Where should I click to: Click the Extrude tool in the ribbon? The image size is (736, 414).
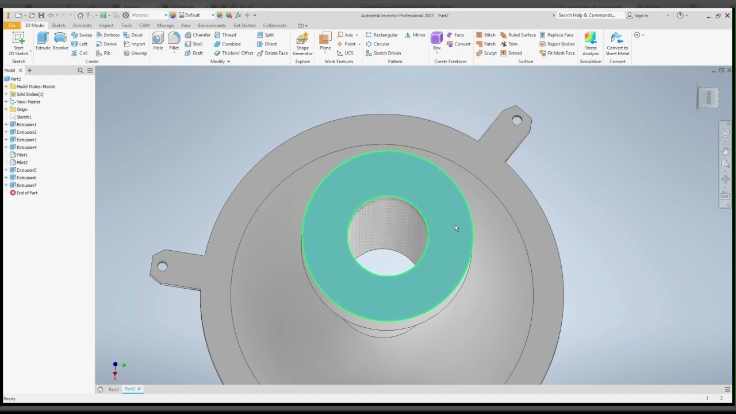[x=43, y=41]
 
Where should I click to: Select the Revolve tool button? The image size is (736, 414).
[x=60, y=41]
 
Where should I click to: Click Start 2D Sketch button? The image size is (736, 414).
[x=18, y=43]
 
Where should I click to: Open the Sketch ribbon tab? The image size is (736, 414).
[x=58, y=25]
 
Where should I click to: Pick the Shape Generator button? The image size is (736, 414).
[x=302, y=44]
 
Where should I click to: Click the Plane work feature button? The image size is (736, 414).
[x=325, y=42]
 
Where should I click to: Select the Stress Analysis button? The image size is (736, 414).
[x=591, y=44]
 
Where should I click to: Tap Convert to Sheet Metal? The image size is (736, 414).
[x=617, y=44]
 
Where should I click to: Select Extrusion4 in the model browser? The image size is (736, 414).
[x=26, y=147]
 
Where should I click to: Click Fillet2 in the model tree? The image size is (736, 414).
[x=22, y=163]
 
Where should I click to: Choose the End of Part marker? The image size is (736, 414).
[x=26, y=193]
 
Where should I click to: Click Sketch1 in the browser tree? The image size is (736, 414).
[x=24, y=117]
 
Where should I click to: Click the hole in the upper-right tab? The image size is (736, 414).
[x=516, y=121]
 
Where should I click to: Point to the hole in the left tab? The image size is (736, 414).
[x=162, y=266]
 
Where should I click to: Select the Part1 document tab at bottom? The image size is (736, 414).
[x=113, y=389]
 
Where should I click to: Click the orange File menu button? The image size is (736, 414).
[x=11, y=25]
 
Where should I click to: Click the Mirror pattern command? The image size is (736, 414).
[x=415, y=35]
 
